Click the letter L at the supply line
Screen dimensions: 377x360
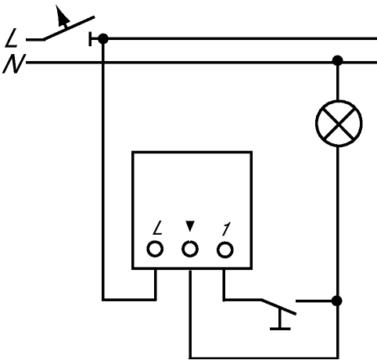tap(12, 38)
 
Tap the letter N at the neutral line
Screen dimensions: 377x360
tap(13, 63)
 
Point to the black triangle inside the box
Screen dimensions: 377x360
tap(190, 226)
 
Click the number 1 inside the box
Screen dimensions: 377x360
tap(226, 229)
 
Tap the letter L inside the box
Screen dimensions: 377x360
tap(158, 228)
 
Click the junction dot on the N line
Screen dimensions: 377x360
tap(338, 60)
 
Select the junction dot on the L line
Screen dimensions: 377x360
tap(103, 38)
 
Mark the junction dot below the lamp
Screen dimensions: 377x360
tap(337, 301)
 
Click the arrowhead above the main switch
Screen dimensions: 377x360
tap(63, 16)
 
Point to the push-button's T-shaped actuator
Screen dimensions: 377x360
tap(280, 319)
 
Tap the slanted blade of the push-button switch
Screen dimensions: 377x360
tap(278, 307)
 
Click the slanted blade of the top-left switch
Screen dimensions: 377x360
tap(69, 28)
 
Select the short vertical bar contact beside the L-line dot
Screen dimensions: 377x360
tap(90, 39)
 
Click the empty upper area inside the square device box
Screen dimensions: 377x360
tap(192, 182)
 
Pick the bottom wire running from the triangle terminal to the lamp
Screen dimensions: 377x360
tap(264, 358)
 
